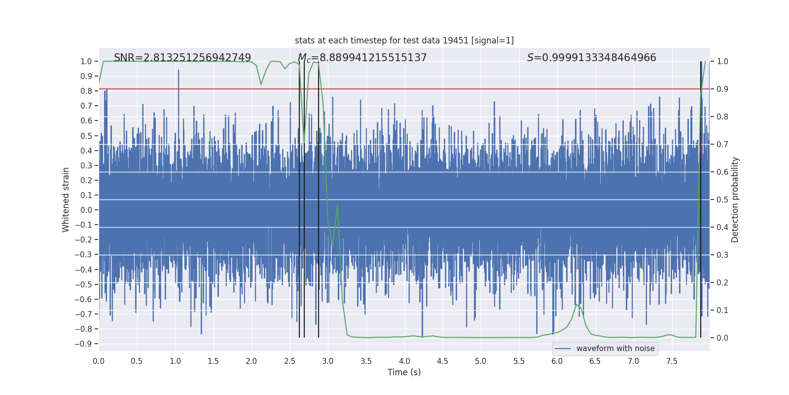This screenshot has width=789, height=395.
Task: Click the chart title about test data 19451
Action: (x=404, y=40)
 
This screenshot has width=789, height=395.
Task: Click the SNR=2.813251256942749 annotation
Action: (x=182, y=58)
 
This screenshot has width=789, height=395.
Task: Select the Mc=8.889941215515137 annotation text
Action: (x=362, y=58)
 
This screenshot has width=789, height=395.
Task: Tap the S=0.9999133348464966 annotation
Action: (x=592, y=58)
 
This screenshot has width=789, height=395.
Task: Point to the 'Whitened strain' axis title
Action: (x=66, y=199)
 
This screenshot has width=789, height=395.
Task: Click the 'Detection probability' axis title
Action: (x=735, y=199)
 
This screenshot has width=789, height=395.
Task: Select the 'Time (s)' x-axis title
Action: (x=404, y=372)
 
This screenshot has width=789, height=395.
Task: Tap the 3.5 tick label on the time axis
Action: (x=366, y=361)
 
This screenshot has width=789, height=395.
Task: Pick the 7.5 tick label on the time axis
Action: (x=672, y=361)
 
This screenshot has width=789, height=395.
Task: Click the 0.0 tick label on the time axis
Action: (x=99, y=361)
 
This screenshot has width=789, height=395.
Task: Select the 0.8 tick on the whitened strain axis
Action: (x=86, y=91)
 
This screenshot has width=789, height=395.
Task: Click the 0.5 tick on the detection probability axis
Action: (x=722, y=199)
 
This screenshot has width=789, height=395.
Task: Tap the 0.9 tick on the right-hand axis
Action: (x=722, y=89)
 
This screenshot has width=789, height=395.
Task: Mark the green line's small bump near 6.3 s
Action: (x=576, y=305)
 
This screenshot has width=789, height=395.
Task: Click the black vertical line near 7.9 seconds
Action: (x=701, y=197)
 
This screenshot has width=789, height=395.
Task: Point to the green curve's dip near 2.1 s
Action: (x=261, y=83)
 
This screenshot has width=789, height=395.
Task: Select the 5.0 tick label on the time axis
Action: (x=481, y=361)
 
